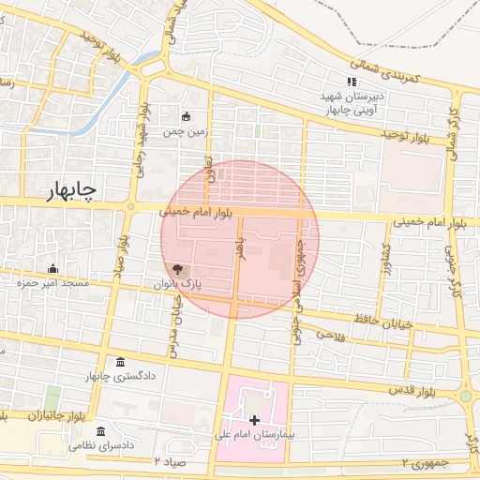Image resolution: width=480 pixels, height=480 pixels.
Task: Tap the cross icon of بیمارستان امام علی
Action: [254, 419]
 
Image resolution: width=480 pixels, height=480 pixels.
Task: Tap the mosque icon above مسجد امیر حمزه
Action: [52, 269]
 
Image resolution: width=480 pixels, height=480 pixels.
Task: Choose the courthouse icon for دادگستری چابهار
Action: [121, 363]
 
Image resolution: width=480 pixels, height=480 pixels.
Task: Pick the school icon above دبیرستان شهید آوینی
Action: [352, 82]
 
